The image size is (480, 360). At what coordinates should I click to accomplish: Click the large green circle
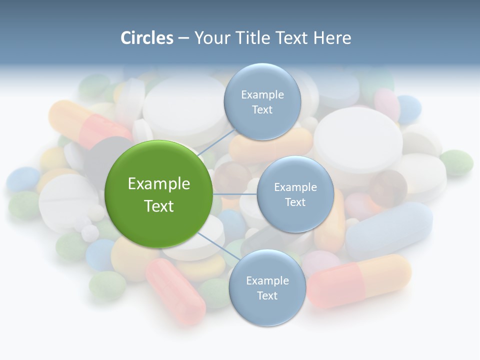click(x=158, y=194)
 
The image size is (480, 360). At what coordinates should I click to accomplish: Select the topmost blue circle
click(x=262, y=101)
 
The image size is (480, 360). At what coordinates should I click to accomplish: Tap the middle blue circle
click(x=295, y=194)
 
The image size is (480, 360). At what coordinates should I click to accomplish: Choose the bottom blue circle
click(x=267, y=287)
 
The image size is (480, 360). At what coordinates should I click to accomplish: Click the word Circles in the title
click(x=147, y=38)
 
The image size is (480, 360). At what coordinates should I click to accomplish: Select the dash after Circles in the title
click(x=183, y=38)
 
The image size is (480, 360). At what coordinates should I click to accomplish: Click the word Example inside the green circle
click(x=159, y=184)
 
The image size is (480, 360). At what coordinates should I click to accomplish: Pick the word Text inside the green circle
click(x=159, y=206)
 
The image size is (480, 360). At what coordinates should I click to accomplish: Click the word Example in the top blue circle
click(x=262, y=94)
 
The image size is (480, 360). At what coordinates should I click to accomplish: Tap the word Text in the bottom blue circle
click(x=267, y=295)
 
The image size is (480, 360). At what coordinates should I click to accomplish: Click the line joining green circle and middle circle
click(x=235, y=193)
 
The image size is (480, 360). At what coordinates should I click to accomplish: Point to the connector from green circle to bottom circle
click(x=218, y=247)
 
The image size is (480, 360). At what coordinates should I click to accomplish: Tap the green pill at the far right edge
click(x=456, y=162)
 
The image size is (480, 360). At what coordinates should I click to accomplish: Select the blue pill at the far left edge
click(x=23, y=179)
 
